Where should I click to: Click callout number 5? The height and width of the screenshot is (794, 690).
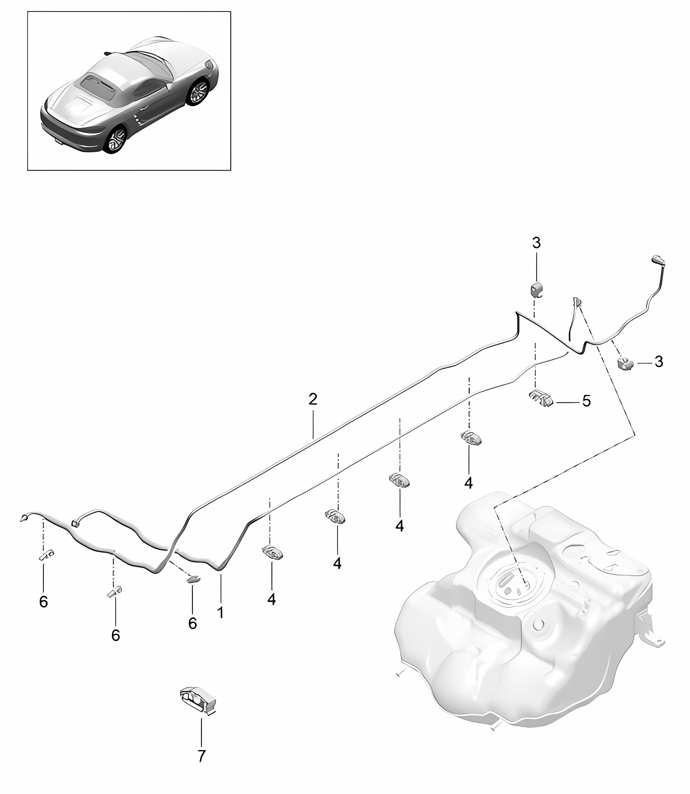tap(586, 401)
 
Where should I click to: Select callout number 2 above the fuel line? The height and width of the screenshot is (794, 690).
tap(313, 400)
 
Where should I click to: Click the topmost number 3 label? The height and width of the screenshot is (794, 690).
tap(536, 243)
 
